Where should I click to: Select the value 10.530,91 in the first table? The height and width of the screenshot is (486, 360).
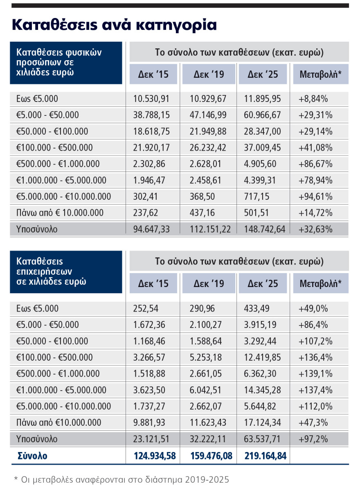point(151,99)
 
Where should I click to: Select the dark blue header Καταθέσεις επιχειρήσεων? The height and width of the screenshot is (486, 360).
point(65,271)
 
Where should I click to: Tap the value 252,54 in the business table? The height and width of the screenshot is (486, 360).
point(145,308)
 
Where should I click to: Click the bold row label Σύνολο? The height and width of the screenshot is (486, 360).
point(32,456)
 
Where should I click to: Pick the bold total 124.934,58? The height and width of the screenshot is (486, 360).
point(154,456)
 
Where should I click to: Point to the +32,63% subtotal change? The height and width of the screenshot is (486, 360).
point(315,229)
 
